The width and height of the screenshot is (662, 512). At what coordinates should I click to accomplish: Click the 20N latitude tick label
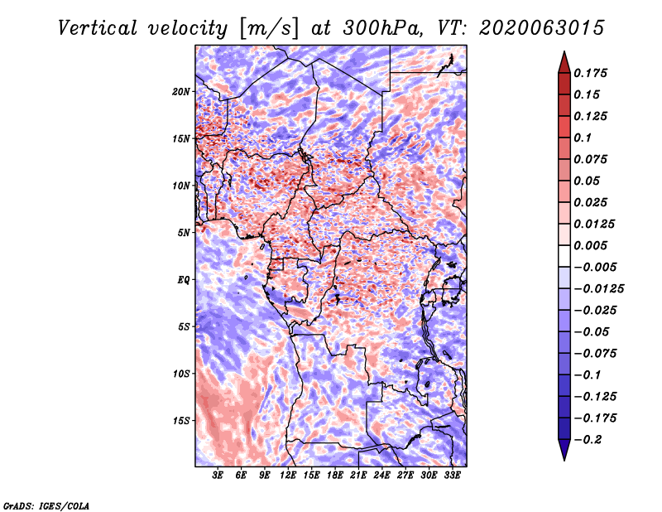click(181, 91)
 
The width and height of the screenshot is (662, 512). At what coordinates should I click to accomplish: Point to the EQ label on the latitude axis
click(183, 280)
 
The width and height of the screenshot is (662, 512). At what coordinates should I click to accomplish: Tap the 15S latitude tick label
click(181, 421)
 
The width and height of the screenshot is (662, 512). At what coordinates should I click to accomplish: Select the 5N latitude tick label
click(183, 233)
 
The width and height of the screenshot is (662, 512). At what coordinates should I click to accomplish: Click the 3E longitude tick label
click(218, 476)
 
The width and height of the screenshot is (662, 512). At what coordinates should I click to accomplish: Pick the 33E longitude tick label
click(453, 476)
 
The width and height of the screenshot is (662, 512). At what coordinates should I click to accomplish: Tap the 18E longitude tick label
click(335, 476)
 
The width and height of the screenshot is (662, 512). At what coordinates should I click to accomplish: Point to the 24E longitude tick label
click(381, 476)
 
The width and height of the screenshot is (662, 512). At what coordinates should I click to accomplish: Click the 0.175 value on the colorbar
click(592, 73)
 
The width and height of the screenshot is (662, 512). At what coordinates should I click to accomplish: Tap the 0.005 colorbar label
click(592, 245)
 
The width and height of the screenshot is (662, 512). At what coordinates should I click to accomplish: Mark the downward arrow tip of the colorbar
click(564, 458)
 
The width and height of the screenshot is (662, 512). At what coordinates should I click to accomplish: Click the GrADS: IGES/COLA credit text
click(46, 504)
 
